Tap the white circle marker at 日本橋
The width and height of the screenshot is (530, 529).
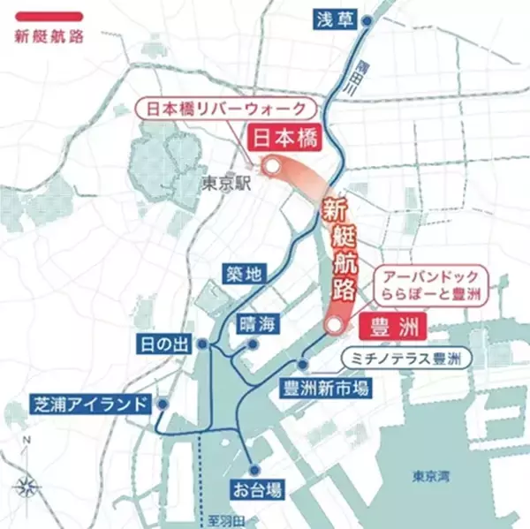273,165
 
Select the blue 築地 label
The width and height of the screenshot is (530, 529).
242,274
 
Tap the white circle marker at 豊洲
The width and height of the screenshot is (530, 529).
333,326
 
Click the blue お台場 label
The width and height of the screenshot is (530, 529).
255,488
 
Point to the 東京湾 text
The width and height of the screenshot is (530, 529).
430,478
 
